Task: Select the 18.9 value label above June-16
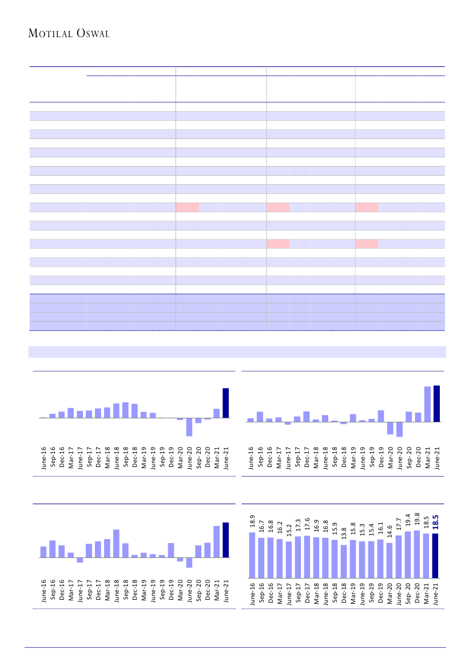point(252,521)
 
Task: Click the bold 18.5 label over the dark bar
point(435,523)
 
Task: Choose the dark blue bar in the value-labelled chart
point(435,555)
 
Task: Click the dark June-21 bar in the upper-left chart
point(225,403)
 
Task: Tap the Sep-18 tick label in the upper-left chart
point(125,458)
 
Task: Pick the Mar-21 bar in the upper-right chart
point(427,404)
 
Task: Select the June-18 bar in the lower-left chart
point(116,543)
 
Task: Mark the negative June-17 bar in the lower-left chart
point(80,560)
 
